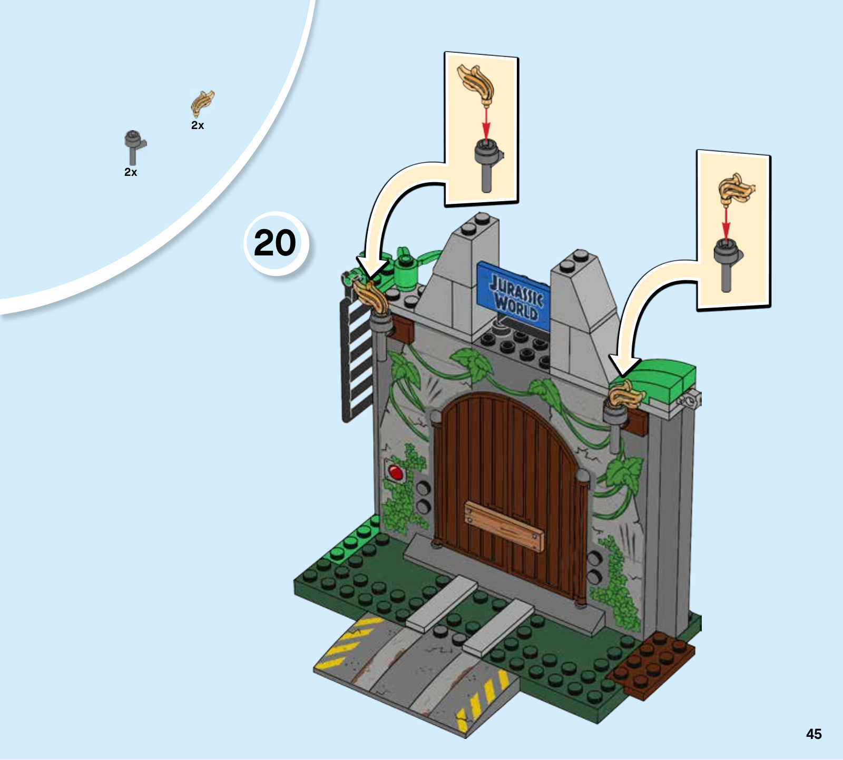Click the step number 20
tap(275, 243)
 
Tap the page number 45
tap(813, 734)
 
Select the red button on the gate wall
tap(395, 471)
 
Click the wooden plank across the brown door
tap(504, 526)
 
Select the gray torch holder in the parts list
tap(134, 147)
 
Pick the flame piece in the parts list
tap(202, 103)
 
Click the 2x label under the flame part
tap(198, 125)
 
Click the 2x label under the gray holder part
tap(131, 172)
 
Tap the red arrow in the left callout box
tap(486, 124)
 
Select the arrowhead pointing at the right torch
tap(624, 366)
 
